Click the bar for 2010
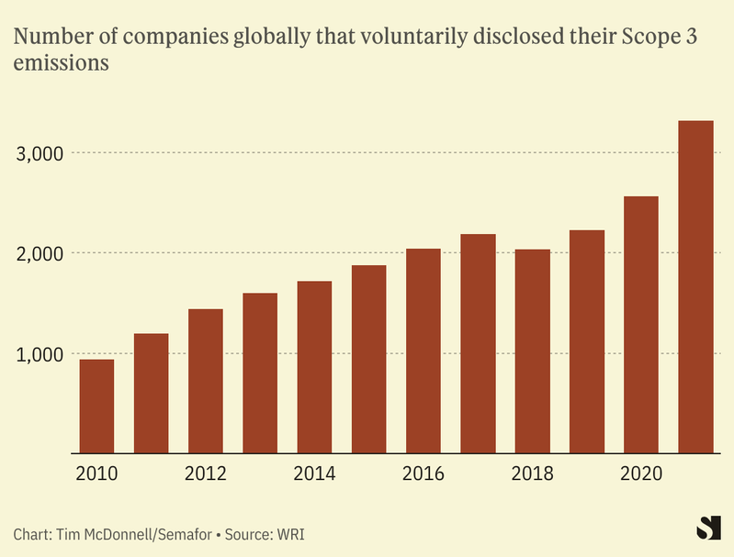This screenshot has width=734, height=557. tap(96, 406)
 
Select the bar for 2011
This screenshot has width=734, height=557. tap(151, 393)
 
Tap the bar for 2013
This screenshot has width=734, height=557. tap(260, 373)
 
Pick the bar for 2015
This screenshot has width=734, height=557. tap(368, 359)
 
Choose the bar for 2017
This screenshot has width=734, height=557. tap(478, 343)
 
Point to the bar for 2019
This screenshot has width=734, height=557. tap(587, 341)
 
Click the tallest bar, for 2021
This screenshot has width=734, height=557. tap(695, 286)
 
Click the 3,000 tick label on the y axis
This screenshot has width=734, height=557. tap(40, 153)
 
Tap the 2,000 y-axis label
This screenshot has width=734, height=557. tap(40, 253)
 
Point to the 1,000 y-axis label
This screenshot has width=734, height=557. tap(40, 354)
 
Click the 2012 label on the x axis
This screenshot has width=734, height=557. tap(206, 474)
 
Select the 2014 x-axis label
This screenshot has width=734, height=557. tap(314, 474)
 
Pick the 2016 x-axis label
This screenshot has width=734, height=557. tap(423, 474)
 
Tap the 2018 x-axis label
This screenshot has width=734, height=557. tap(532, 474)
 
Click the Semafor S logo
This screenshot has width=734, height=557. tap(708, 529)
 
